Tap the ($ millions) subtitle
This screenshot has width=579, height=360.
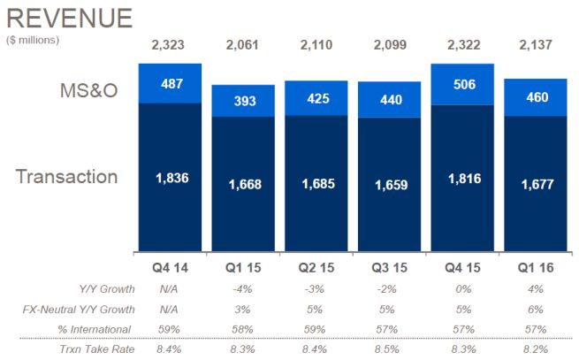click(33, 40)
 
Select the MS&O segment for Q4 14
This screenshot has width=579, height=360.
click(171, 83)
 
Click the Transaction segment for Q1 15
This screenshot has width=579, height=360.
click(243, 184)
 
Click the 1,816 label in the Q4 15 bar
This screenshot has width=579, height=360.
click(461, 177)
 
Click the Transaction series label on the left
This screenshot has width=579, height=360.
click(66, 176)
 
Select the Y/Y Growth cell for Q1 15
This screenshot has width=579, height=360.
click(243, 288)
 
